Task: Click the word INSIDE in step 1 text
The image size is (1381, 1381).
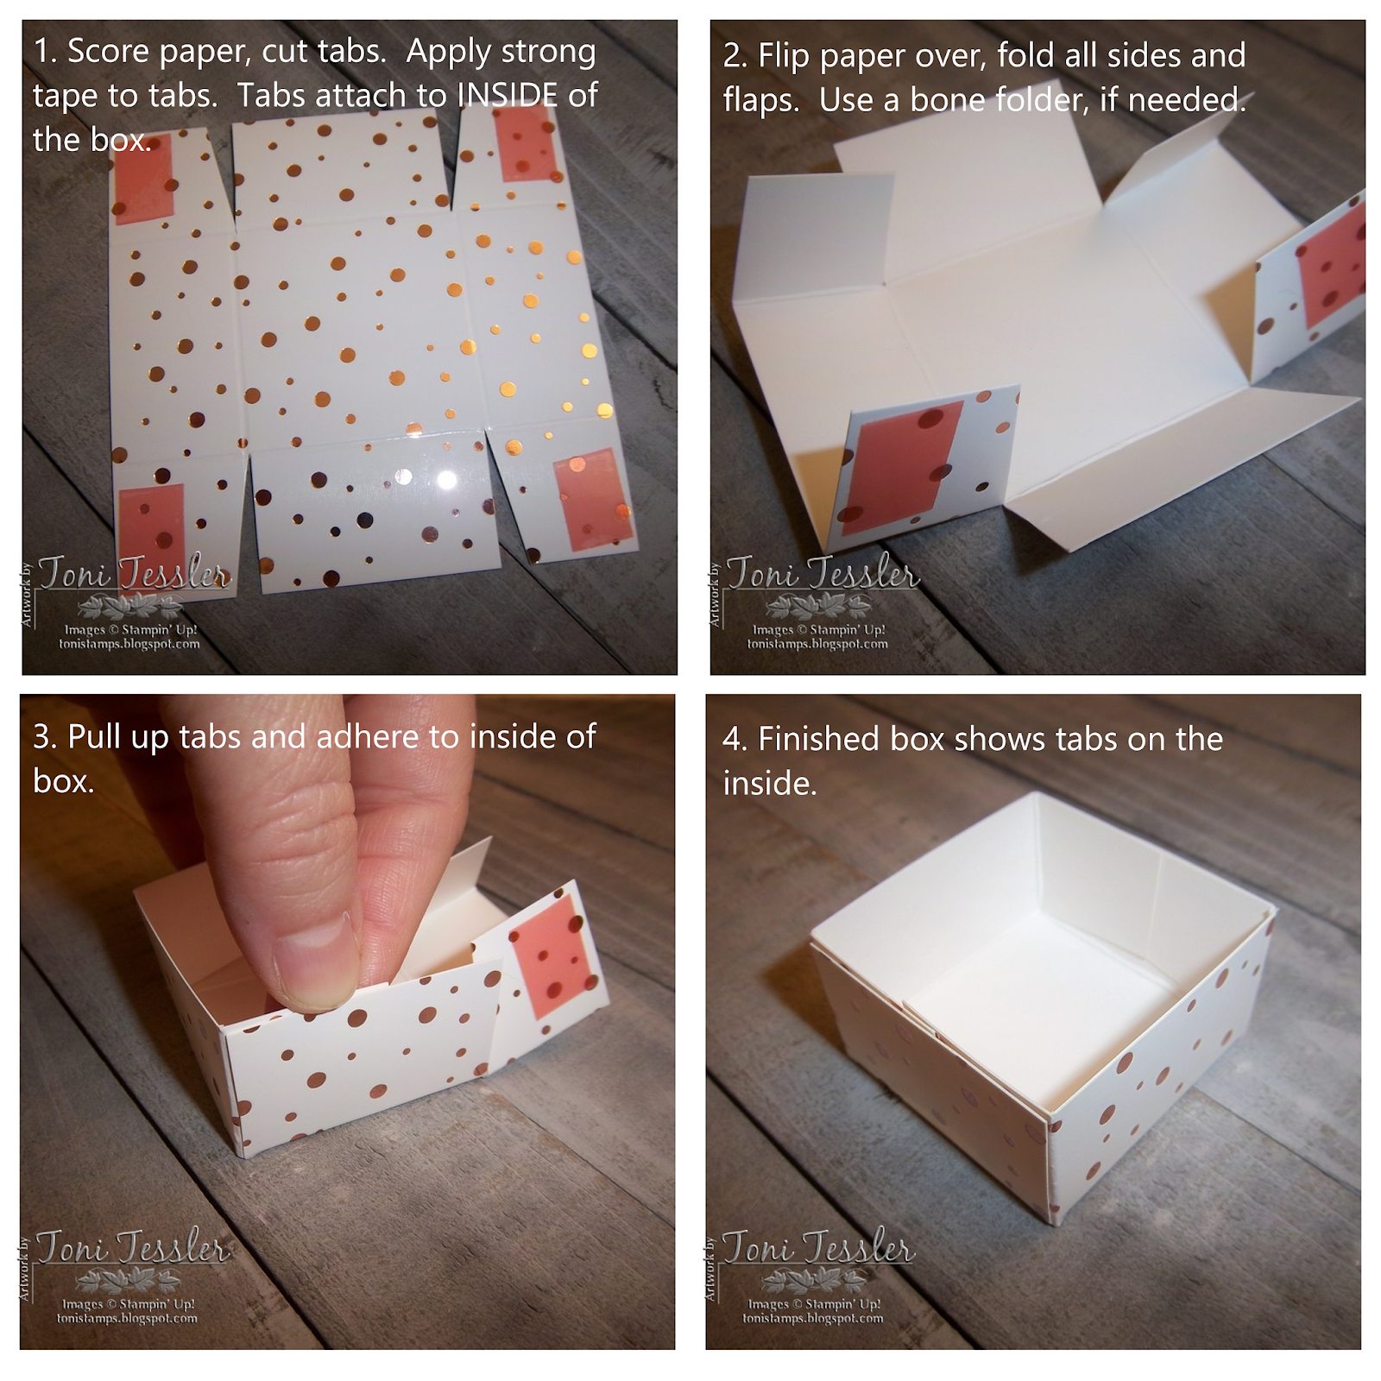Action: pos(508,95)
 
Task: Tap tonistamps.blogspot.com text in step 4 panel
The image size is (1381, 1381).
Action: pos(812,1318)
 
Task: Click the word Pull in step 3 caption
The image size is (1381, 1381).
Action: pos(95,737)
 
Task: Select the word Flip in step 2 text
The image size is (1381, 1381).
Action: pos(784,56)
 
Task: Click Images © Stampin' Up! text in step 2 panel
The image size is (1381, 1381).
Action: pos(818,629)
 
